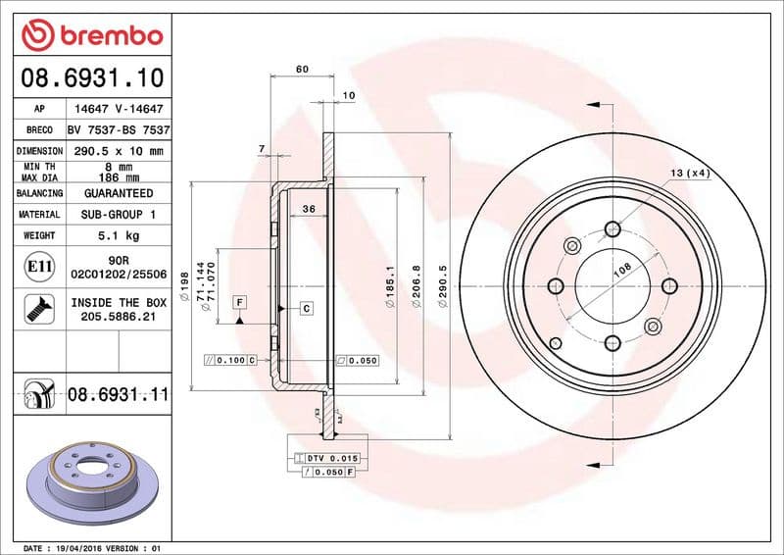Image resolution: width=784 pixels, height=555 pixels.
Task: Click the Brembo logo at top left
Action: [91, 36]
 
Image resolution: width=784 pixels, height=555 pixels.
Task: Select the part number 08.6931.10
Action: [91, 76]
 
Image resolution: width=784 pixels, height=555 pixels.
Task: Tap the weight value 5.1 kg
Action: [118, 235]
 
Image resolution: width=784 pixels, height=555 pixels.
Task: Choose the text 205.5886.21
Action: [118, 318]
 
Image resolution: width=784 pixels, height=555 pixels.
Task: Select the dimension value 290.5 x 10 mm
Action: [118, 152]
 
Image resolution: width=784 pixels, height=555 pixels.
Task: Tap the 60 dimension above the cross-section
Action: [302, 69]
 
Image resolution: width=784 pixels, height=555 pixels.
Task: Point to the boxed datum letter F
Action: [238, 302]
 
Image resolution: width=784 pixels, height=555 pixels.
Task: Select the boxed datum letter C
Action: [306, 309]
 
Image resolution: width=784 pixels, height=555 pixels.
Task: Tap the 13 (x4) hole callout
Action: [689, 173]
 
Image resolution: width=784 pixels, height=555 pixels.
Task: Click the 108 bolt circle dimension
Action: [621, 272]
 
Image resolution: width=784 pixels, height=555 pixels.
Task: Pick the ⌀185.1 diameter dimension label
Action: [389, 288]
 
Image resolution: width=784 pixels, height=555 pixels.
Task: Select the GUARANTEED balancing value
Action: [118, 193]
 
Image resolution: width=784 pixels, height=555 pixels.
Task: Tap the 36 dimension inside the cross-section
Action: [308, 209]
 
